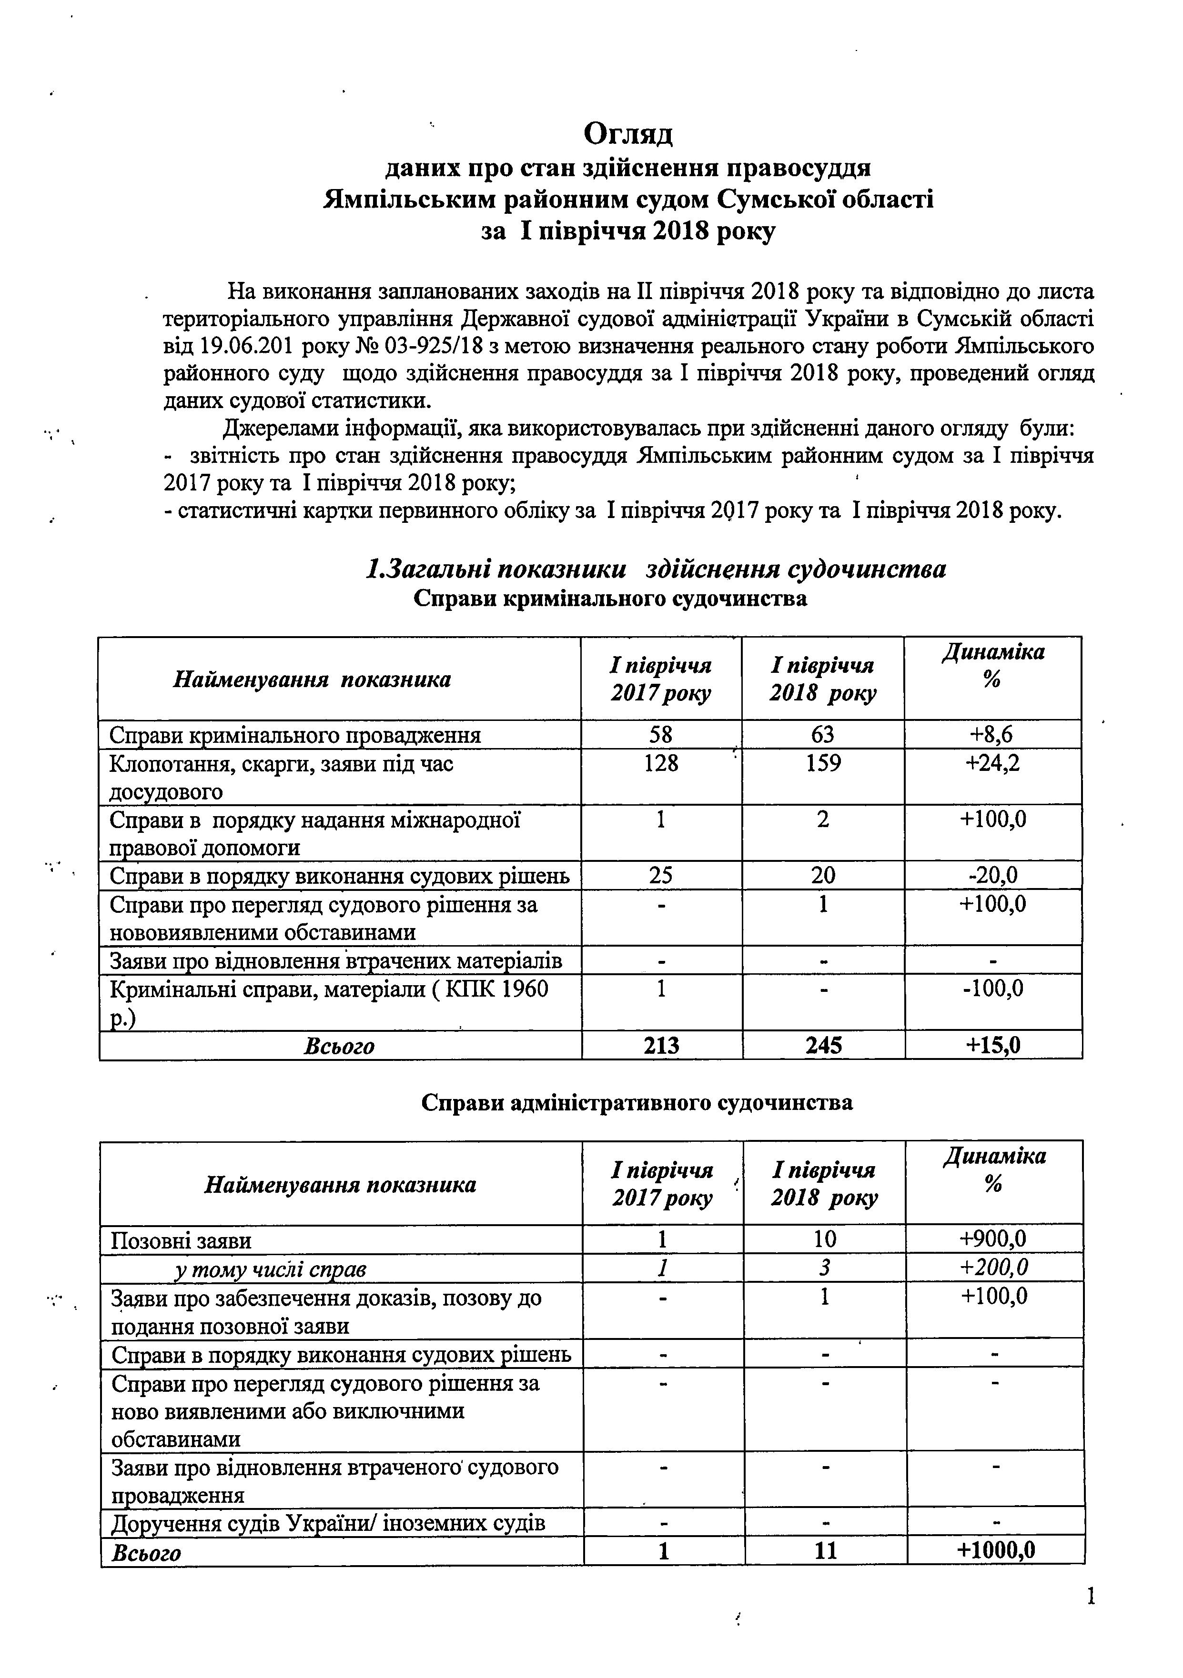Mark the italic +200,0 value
[x=994, y=1267]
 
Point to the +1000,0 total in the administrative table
[x=995, y=1549]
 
